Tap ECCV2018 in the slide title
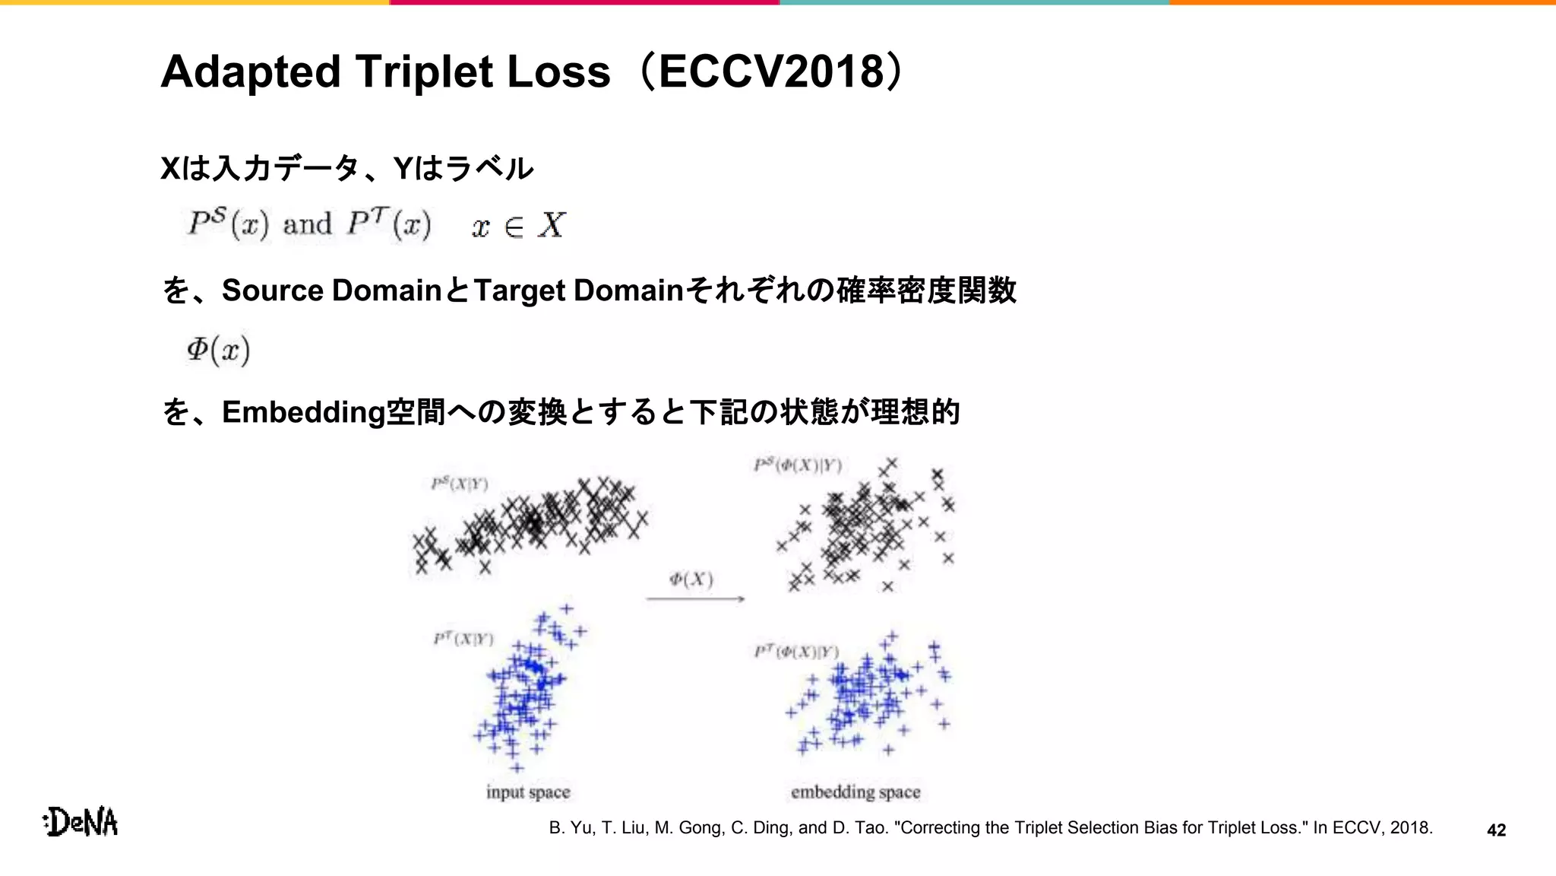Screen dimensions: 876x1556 (x=772, y=72)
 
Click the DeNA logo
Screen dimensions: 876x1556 (x=81, y=822)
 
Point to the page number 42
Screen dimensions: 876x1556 (x=1496, y=830)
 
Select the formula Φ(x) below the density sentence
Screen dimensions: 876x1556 (x=219, y=350)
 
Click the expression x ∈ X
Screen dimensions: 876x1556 (x=518, y=226)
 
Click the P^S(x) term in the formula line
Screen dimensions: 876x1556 (x=229, y=224)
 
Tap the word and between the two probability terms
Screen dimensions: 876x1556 (x=307, y=225)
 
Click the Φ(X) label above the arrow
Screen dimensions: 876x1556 (x=691, y=580)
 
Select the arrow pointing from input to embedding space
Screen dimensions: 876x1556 (x=695, y=599)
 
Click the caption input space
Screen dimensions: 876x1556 (x=528, y=792)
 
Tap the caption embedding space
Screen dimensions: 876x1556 (x=855, y=792)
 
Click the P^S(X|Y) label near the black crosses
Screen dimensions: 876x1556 (x=460, y=484)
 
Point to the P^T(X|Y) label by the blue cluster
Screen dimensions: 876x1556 (x=463, y=639)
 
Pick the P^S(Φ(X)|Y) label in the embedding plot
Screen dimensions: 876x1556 (x=798, y=465)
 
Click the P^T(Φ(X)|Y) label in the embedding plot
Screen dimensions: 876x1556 (x=796, y=652)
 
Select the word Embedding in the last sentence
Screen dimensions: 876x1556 (x=303, y=412)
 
